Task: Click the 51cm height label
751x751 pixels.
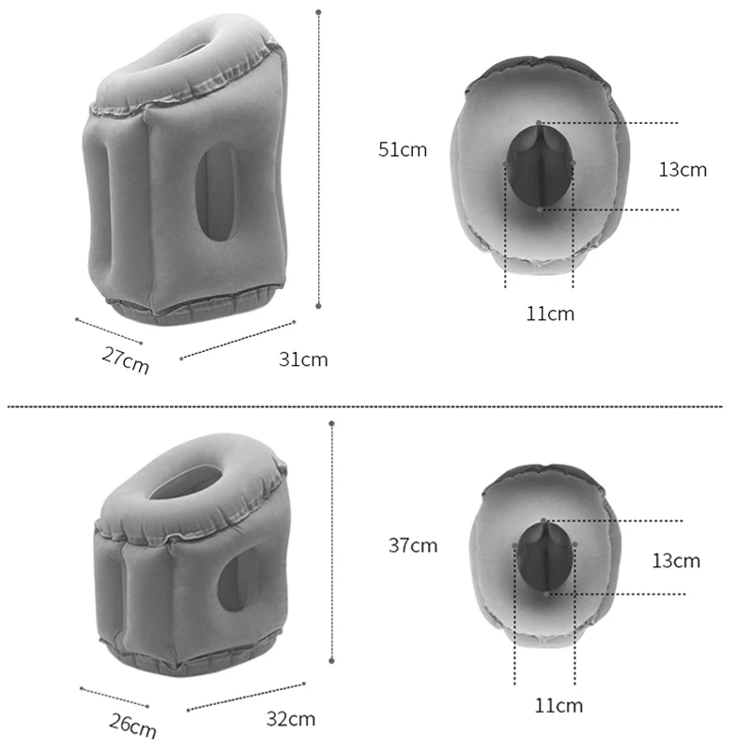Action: [403, 149]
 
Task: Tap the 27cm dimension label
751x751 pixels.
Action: [126, 360]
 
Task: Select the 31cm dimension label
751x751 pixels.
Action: [303, 360]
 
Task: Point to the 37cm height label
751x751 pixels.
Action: [413, 545]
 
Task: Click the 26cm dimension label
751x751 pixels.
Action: [132, 726]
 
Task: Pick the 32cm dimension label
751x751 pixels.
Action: [291, 719]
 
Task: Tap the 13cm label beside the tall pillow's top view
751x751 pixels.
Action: [682, 170]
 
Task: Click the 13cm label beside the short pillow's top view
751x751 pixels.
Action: [676, 560]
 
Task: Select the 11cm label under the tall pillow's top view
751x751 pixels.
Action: [550, 314]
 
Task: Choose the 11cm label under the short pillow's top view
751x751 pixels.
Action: [559, 706]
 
